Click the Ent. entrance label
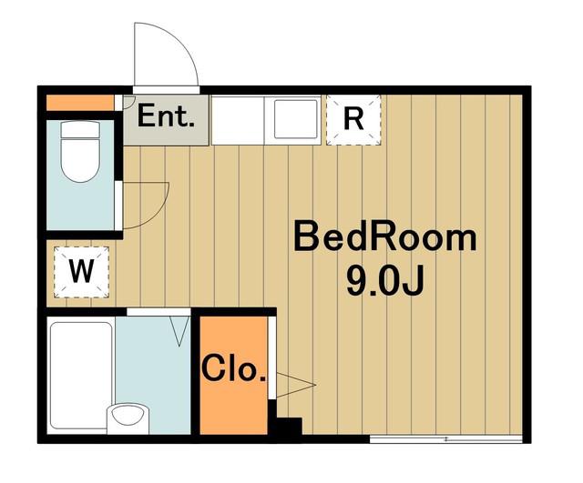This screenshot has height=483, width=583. (x=166, y=116)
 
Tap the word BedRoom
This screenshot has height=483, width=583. (x=385, y=236)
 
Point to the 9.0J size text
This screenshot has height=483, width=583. (x=385, y=281)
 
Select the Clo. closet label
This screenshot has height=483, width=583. (x=234, y=368)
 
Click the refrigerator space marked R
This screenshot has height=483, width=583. (x=353, y=120)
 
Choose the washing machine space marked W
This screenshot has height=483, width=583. (x=81, y=272)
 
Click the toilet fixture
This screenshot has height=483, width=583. (x=80, y=152)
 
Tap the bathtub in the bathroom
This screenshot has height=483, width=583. (x=81, y=375)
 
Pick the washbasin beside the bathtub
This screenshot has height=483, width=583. (x=128, y=418)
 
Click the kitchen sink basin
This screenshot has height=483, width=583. (x=296, y=119)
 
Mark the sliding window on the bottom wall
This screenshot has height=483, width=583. (x=445, y=439)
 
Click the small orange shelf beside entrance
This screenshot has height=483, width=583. (x=80, y=103)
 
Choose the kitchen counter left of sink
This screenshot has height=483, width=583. (x=238, y=120)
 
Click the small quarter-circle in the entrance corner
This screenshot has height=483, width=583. (x=128, y=102)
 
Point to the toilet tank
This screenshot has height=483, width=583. (x=80, y=129)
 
